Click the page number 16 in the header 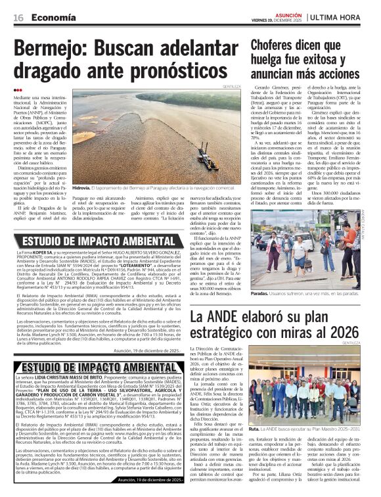point(19,18)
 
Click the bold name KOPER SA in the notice point(47,252)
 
